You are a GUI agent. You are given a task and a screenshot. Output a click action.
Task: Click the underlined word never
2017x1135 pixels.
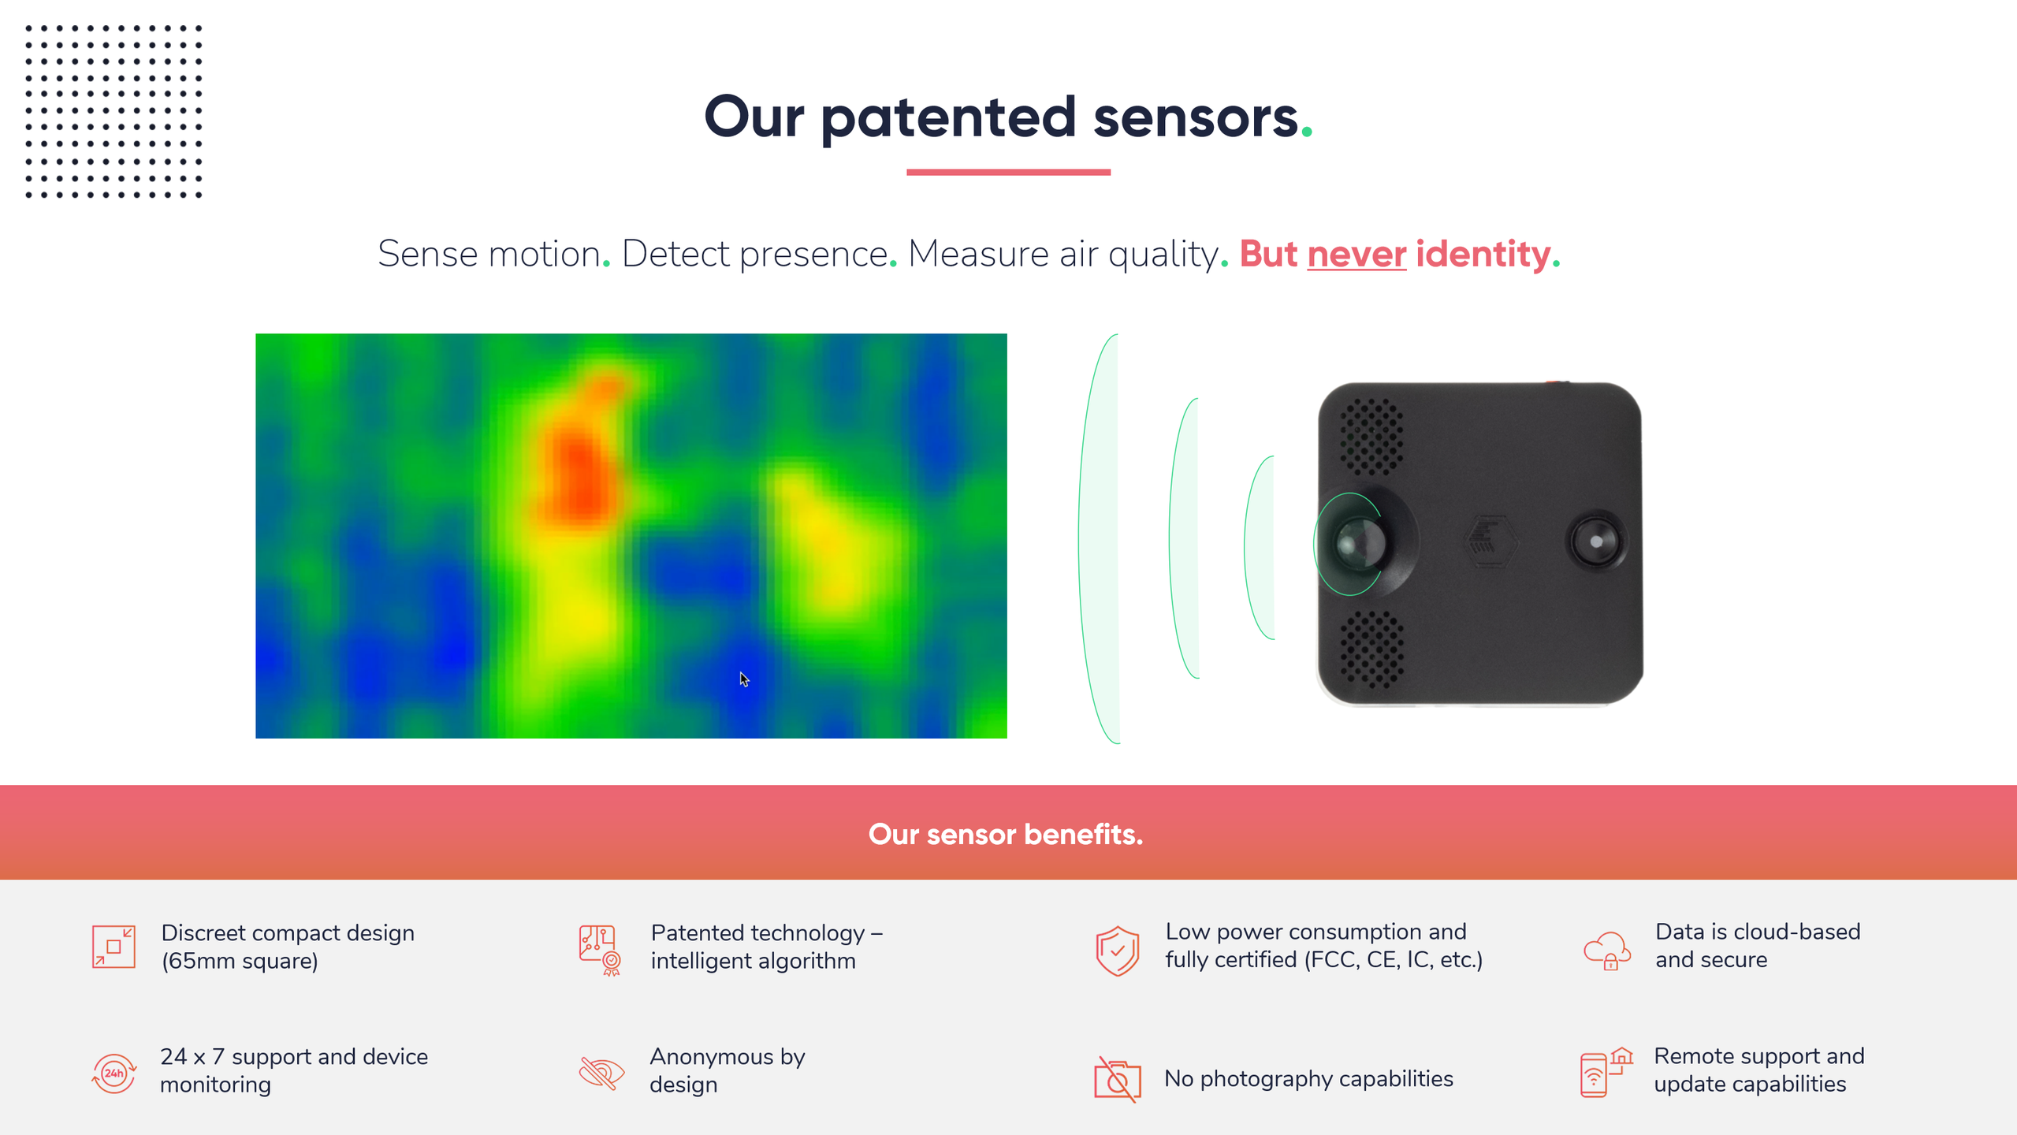(x=1356, y=254)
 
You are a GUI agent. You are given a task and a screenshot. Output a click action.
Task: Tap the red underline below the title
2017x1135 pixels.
(x=1008, y=172)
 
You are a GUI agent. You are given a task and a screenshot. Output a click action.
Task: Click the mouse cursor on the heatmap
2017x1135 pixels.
(x=744, y=679)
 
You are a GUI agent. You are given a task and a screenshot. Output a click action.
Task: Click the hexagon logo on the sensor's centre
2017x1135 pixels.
(x=1488, y=541)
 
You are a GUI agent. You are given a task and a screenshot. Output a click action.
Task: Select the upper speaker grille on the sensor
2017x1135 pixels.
(x=1372, y=436)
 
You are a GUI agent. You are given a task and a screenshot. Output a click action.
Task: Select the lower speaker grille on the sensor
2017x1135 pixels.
(x=1372, y=649)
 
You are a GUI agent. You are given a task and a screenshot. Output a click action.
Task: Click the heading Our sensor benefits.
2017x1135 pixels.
(x=1006, y=834)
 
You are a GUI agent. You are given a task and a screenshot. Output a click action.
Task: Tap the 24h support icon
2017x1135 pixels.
(x=114, y=1073)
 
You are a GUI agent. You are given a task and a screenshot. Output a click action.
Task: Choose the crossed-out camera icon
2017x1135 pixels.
(x=1117, y=1079)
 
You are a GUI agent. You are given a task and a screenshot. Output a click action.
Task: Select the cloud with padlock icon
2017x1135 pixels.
(x=1607, y=950)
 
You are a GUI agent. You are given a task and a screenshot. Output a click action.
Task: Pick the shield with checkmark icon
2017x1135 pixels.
(x=1117, y=951)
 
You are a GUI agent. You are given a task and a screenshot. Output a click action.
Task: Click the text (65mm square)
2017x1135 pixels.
(x=240, y=962)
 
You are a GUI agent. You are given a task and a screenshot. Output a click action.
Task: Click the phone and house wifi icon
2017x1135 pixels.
(x=1606, y=1072)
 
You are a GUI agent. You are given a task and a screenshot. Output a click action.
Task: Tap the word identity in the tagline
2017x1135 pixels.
(x=1483, y=254)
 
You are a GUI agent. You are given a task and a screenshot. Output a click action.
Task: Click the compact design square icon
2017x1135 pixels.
(x=114, y=947)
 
